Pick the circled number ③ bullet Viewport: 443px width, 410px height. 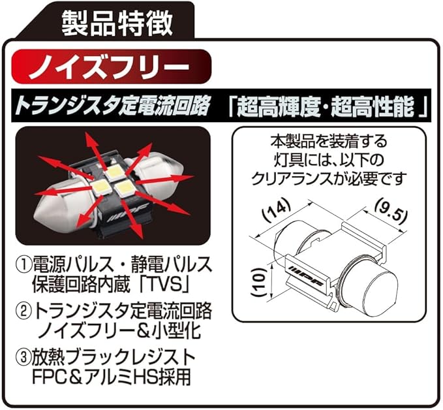click(x=23, y=358)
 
